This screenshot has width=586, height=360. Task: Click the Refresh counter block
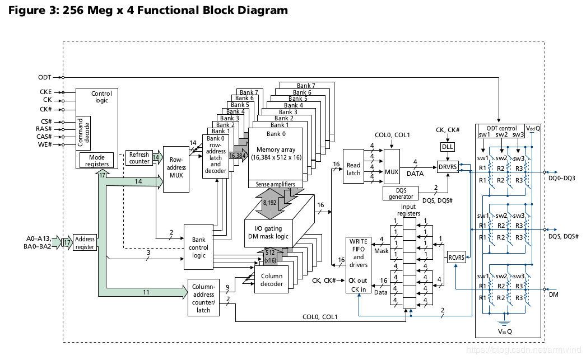click(139, 158)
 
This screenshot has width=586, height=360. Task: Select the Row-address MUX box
click(177, 170)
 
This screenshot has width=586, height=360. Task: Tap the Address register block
click(85, 243)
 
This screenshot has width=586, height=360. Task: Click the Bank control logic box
click(199, 247)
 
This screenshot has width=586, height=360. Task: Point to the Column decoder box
click(272, 280)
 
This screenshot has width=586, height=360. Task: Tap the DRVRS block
click(448, 166)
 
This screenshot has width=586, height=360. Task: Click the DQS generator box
click(401, 193)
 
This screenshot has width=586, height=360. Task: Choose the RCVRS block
click(457, 258)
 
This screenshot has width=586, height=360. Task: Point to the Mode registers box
click(97, 161)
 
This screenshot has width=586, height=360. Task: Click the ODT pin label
click(45, 77)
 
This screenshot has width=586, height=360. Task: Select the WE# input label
click(45, 145)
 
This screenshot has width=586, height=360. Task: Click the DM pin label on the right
click(554, 294)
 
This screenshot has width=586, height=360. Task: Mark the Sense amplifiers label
click(275, 184)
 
